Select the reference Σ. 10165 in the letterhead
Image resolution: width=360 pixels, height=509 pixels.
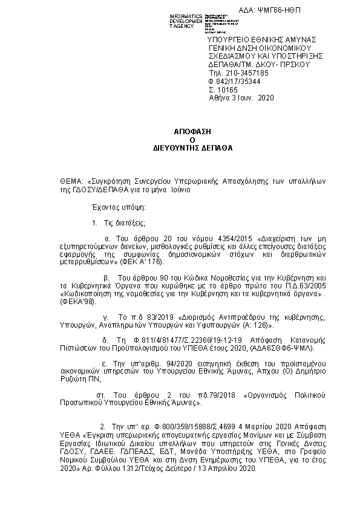(x=221, y=88)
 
